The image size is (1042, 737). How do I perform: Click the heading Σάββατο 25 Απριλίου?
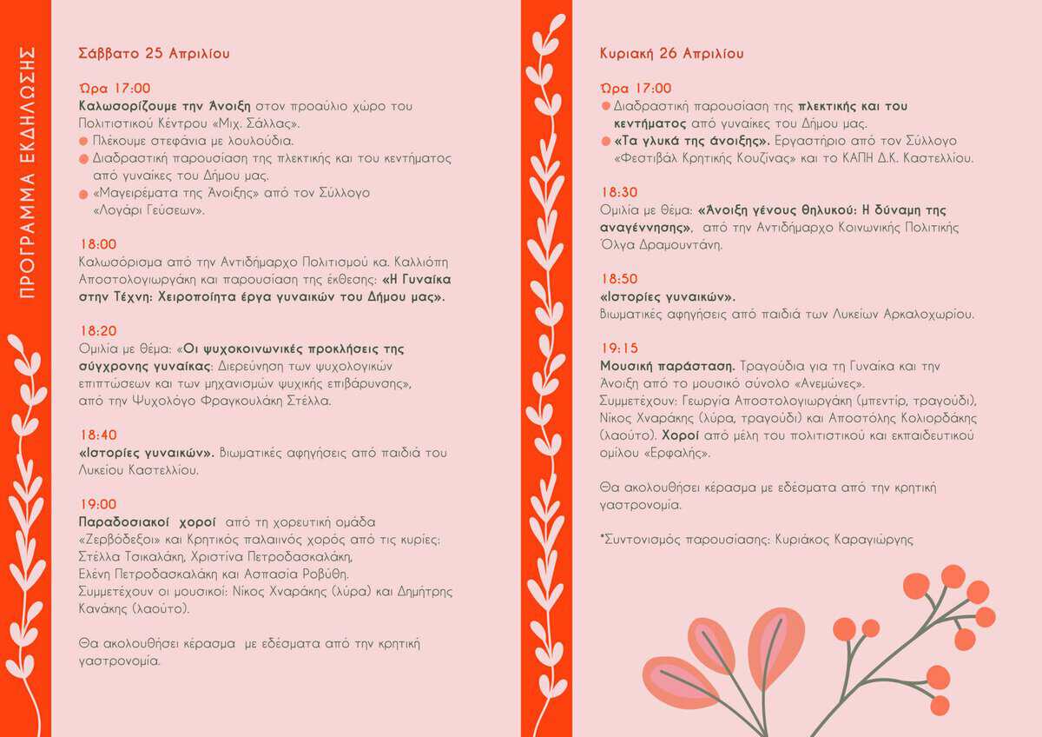tap(154, 53)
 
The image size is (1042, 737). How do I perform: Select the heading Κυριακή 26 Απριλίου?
tap(671, 53)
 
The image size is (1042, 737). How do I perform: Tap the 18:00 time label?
tap(97, 244)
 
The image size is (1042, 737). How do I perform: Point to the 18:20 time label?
tap(97, 331)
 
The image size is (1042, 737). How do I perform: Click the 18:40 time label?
tap(97, 435)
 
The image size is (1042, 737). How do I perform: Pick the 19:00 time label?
tap(97, 504)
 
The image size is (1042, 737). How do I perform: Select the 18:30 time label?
tap(618, 192)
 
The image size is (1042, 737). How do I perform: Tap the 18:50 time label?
tap(618, 279)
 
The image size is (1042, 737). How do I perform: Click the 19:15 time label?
tap(618, 349)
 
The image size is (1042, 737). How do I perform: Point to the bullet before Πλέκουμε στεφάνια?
tap(83, 141)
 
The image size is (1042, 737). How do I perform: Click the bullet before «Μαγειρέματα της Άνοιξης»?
tap(83, 193)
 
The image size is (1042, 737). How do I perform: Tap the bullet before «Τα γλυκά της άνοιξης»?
tap(605, 141)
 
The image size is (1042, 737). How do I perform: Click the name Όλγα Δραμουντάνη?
tap(661, 244)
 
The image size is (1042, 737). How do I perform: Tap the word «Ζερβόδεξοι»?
tap(113, 540)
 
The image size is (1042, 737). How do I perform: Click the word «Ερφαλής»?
tap(680, 453)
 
